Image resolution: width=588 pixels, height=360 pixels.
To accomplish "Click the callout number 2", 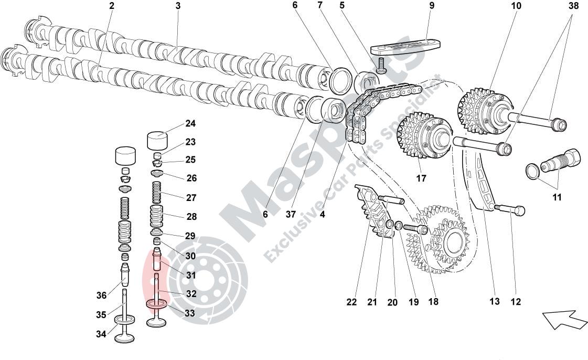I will click(x=111, y=6).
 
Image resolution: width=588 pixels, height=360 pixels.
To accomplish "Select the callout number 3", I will click(x=178, y=6).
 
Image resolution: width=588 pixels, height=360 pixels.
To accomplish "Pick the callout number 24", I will click(x=190, y=124).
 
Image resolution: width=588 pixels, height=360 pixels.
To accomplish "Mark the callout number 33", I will click(x=190, y=314).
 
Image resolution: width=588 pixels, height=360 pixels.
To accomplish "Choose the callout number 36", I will click(x=101, y=295).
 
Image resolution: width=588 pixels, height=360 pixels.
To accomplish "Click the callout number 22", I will click(x=351, y=302).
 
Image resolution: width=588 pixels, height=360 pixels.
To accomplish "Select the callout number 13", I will click(x=495, y=301).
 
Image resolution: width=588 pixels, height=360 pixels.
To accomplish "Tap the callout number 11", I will click(x=557, y=197).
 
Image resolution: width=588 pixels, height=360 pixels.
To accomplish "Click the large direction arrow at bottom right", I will click(x=564, y=319).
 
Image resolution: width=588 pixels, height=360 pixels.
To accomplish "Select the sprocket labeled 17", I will click(x=424, y=135).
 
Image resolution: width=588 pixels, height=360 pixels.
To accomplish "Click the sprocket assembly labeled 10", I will click(x=485, y=110).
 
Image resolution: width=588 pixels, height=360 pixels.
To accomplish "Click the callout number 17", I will click(x=421, y=178).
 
